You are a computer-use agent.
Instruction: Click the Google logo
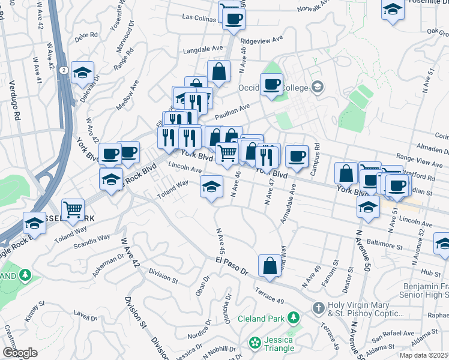[20, 352]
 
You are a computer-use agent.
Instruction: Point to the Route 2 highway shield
[63, 70]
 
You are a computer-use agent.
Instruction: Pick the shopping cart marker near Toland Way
[73, 209]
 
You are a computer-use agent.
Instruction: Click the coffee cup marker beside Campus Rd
[297, 156]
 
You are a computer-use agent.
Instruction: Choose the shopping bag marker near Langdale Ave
[219, 71]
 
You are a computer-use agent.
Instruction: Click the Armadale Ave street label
[288, 204]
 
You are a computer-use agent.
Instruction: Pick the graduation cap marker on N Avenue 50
[368, 208]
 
